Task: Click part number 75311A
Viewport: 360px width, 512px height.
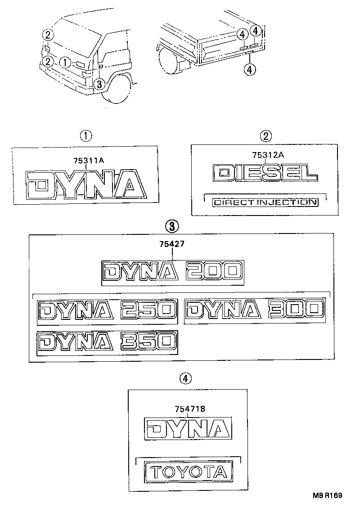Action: [89, 160]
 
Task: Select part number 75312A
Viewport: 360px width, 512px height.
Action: [268, 155]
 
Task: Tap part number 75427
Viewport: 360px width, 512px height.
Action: [172, 244]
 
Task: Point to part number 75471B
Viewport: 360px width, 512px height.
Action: [190, 409]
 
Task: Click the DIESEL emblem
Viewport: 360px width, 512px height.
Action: [265, 172]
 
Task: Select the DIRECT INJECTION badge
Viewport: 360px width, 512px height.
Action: [265, 202]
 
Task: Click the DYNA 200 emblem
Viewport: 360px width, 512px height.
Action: [172, 273]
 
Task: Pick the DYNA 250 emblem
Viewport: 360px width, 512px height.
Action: [107, 312]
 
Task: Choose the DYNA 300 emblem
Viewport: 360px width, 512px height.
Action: [255, 310]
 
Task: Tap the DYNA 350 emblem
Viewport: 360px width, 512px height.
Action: [107, 343]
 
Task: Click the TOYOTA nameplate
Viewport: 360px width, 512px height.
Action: [189, 472]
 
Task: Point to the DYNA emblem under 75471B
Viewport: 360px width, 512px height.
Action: [188, 428]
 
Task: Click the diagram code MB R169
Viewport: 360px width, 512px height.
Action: [327, 495]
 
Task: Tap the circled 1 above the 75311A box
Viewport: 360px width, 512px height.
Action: [86, 136]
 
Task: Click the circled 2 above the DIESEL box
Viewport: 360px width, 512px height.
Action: [265, 136]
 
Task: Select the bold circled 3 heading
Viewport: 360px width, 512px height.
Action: [172, 226]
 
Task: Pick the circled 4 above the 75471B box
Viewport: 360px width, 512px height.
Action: [185, 379]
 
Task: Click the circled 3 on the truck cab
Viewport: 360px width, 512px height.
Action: [99, 84]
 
